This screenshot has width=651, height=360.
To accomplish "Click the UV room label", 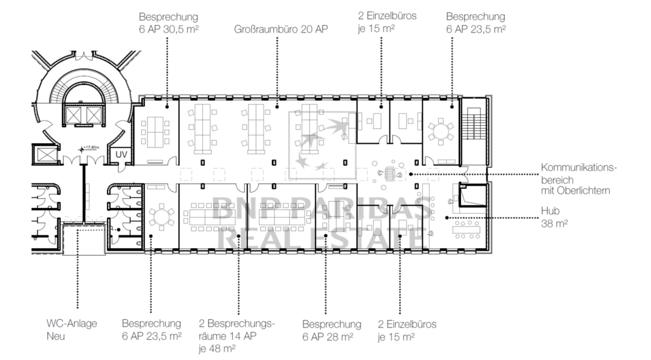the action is [x=121, y=155].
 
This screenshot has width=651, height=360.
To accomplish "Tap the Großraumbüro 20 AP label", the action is [x=281, y=29].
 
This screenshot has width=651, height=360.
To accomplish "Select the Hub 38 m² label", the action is [x=554, y=217].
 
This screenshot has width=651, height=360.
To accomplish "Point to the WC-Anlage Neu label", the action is [x=72, y=329].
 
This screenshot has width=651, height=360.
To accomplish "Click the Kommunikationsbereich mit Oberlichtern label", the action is [x=579, y=179].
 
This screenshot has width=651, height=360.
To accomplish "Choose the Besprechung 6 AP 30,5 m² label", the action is [x=168, y=23].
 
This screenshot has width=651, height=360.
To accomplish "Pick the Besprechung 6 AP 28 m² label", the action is [x=332, y=330].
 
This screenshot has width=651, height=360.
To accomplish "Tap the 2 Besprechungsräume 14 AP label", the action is [x=236, y=336].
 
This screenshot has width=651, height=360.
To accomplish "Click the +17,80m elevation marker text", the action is [x=91, y=148].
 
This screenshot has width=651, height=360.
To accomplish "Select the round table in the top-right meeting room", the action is [x=441, y=132].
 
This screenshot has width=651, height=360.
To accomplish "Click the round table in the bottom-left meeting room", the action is [x=161, y=216].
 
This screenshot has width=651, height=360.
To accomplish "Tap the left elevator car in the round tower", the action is [x=74, y=115].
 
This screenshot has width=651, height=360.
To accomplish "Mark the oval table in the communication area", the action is [x=390, y=174].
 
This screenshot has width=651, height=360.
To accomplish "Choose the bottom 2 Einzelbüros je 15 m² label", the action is [x=407, y=330].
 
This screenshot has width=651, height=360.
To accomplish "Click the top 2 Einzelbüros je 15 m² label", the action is [x=387, y=22].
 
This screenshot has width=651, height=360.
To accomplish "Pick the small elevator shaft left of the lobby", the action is [x=46, y=155].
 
